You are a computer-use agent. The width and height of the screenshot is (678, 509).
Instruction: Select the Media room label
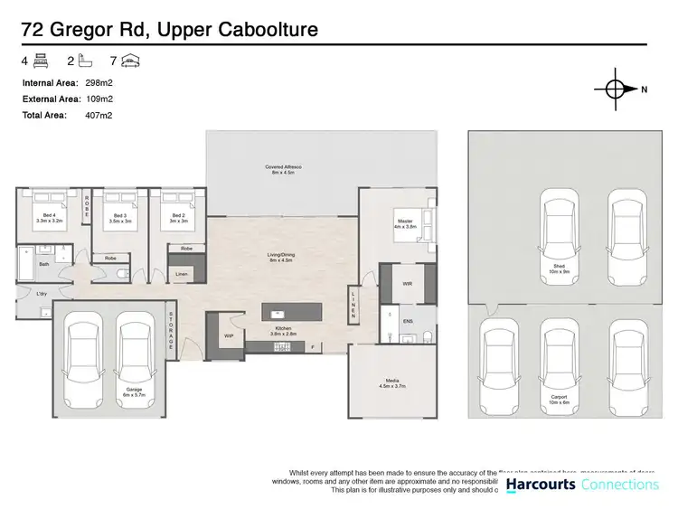click(x=391, y=385)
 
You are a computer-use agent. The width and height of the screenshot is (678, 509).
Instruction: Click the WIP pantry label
click(x=229, y=336)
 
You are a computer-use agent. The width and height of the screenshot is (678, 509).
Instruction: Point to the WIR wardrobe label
click(x=407, y=283)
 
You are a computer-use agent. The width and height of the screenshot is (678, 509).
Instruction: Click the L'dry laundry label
click(x=42, y=294)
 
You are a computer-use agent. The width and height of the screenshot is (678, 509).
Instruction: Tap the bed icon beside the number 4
click(x=40, y=61)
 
